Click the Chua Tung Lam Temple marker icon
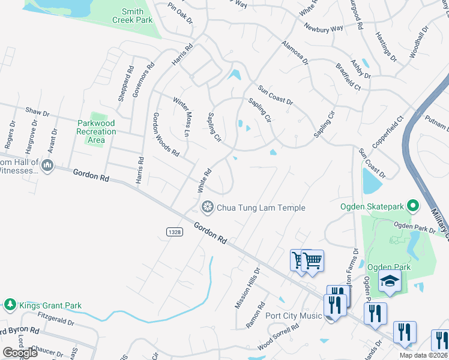click(208, 208)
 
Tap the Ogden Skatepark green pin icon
click(412, 207)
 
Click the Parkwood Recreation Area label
click(96, 132)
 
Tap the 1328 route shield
click(174, 231)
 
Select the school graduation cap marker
click(390, 281)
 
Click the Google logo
click(19, 352)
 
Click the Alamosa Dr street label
click(295, 53)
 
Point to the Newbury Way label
click(323, 28)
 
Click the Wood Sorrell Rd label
click(279, 338)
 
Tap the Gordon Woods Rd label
click(166, 134)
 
